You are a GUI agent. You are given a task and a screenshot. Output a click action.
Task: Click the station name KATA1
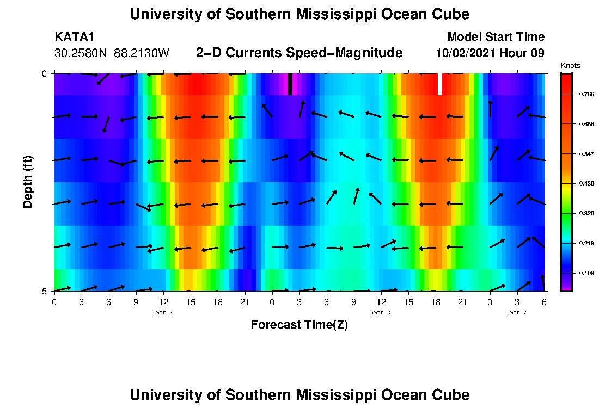pos(75,37)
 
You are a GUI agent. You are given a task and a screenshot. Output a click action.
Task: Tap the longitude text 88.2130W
pos(142,53)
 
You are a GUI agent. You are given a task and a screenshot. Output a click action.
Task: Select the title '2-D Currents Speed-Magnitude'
pos(299,53)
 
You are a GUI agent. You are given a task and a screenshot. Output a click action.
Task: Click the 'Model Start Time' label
pos(495,37)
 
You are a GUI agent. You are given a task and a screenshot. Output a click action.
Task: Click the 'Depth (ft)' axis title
pos(28,182)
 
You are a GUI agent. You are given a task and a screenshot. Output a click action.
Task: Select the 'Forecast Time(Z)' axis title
pos(299,325)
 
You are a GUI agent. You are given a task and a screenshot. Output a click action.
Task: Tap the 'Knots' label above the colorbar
pos(570,66)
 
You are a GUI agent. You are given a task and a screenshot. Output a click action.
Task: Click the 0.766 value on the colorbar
pos(586,94)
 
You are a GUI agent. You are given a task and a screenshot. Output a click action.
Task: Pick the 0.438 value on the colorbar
pos(586,184)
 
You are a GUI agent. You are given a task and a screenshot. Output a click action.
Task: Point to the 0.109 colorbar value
pos(586,273)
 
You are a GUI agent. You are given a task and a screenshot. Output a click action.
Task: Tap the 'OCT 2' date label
pos(163,313)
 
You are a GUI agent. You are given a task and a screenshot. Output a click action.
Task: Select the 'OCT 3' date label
pos(381,313)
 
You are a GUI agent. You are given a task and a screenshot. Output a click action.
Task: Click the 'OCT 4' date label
pos(517,313)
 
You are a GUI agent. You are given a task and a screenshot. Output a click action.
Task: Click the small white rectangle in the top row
pos(440,84)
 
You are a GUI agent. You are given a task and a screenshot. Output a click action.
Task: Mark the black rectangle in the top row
pos(290,84)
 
